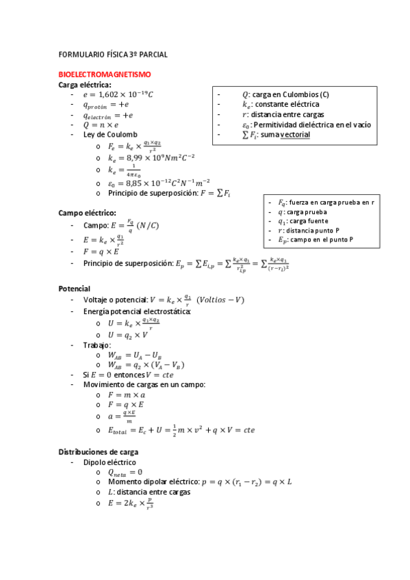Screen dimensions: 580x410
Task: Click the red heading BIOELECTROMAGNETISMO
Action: coord(105,74)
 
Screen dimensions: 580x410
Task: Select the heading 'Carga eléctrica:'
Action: coord(85,84)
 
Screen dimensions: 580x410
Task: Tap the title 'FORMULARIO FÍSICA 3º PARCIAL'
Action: coord(113,54)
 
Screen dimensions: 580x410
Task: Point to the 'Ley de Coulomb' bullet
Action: coord(110,135)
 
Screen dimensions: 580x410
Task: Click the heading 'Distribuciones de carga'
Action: coord(99,452)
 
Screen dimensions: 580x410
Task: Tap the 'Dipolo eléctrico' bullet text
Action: coord(110,462)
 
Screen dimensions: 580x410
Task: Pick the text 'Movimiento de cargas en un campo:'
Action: coord(144,384)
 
